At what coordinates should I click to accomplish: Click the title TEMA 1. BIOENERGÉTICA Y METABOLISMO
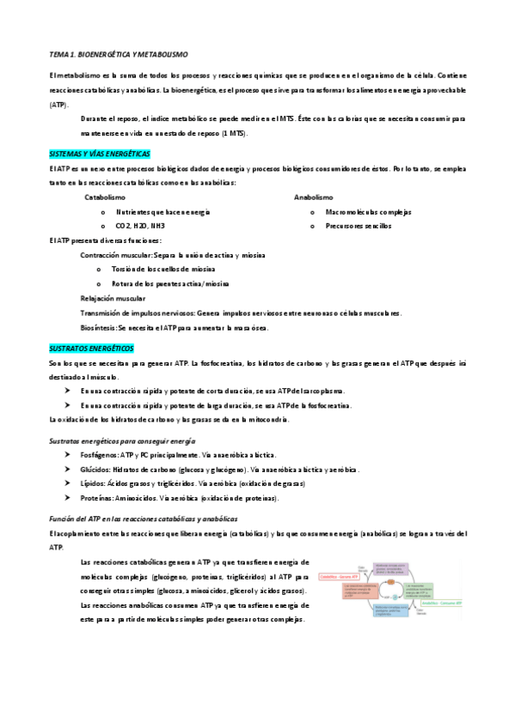(125, 54)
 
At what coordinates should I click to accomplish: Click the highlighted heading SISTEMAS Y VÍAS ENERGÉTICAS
(100, 153)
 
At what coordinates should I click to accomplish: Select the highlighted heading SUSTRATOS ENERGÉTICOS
(92, 349)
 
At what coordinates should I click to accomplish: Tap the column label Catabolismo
(105, 197)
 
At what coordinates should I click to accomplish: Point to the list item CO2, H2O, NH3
(140, 226)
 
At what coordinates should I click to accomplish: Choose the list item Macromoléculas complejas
(369, 211)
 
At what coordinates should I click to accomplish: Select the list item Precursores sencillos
(358, 226)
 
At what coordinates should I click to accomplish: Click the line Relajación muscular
(113, 298)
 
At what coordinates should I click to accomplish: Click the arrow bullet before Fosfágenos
(68, 455)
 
